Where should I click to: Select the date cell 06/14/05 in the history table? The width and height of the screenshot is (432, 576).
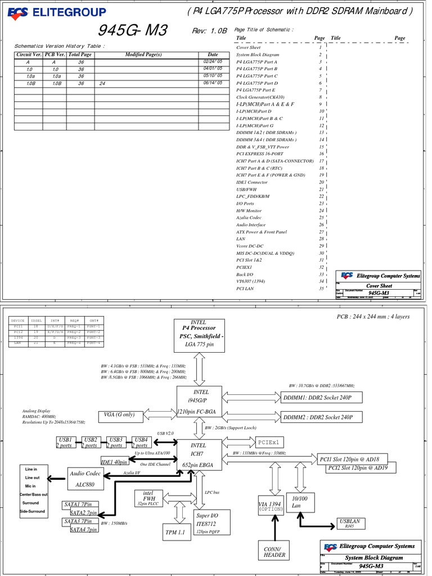[x=212, y=83]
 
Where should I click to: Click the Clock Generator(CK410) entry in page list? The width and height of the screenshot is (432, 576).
[x=260, y=97]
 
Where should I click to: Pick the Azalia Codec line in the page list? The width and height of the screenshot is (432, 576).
[x=249, y=218]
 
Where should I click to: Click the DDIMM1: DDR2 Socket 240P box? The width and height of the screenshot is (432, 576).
[x=321, y=398]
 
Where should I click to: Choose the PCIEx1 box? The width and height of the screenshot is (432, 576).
[x=271, y=442]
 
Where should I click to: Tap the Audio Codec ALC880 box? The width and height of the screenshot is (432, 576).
[x=85, y=478]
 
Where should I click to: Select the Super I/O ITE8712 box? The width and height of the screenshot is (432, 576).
[x=206, y=523]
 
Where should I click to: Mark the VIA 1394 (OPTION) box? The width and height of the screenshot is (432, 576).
[x=270, y=507]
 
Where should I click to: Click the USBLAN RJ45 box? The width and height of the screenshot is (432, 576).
[x=349, y=524]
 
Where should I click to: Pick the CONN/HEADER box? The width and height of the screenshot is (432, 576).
[x=274, y=552]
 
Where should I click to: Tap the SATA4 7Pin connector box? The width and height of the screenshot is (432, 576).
[x=84, y=529]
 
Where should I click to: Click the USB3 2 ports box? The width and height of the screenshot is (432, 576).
[x=116, y=442]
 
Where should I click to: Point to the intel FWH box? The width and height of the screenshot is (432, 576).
[x=148, y=498]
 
